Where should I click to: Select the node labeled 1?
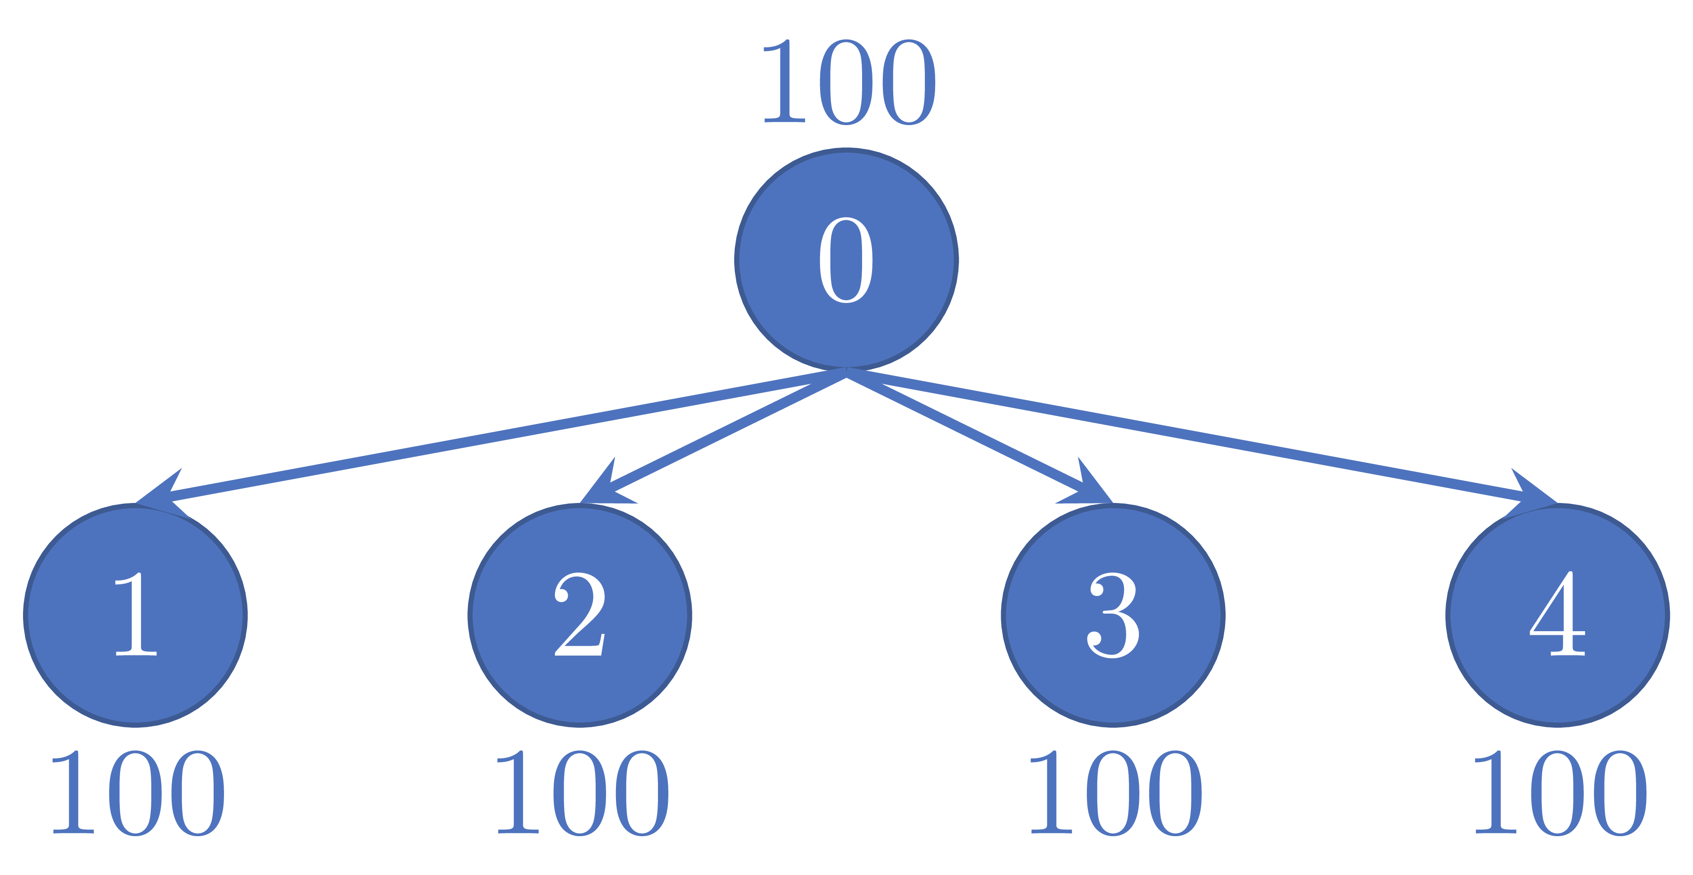135,615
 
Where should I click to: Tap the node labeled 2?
580,615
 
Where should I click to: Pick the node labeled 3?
1113,615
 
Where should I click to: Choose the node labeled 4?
1557,615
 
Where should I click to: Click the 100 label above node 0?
848,82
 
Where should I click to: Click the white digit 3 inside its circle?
1113,615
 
